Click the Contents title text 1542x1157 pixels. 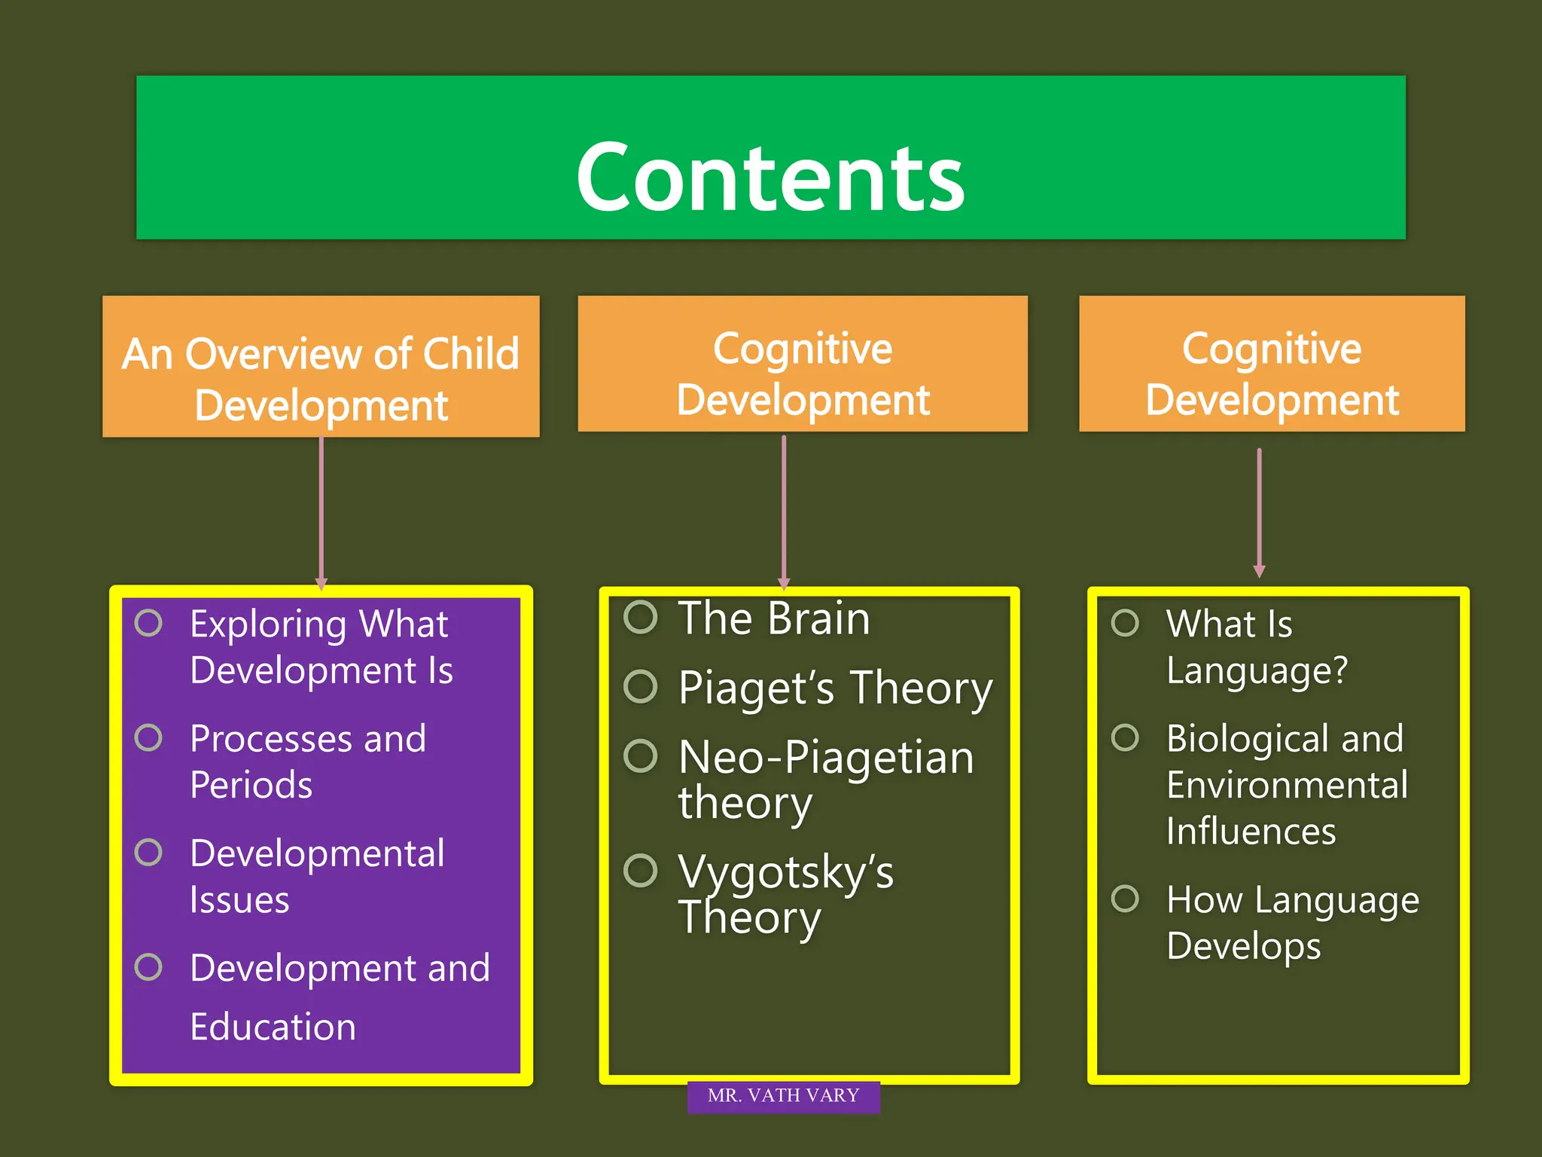770,178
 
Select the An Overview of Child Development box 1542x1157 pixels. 321,367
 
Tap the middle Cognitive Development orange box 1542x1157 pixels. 803,364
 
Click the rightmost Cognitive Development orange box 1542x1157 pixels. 1272,364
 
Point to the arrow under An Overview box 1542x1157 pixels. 322,512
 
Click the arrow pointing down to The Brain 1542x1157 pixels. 784,512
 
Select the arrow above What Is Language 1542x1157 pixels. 1259,512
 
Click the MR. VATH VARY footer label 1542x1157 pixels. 783,1096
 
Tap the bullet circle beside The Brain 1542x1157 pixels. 641,618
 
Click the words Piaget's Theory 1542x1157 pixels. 835,688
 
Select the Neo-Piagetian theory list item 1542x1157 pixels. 824,779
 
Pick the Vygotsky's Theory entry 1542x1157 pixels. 785,894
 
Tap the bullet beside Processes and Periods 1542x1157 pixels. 148,738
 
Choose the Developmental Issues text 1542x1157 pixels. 316,876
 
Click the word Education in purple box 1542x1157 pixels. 273,1027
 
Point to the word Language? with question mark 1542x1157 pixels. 1257,670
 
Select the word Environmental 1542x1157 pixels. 1287,785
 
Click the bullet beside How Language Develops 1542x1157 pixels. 1125,899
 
